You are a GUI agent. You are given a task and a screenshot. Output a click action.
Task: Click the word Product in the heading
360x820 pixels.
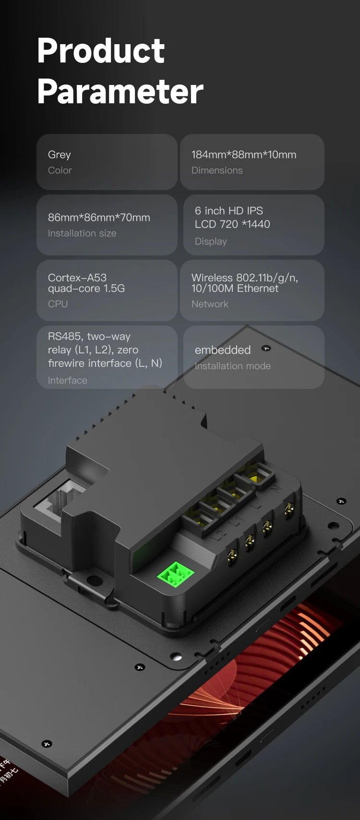pos(101,51)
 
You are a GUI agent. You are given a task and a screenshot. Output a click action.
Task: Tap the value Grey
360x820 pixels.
pos(60,155)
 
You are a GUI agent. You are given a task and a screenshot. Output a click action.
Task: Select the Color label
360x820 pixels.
pos(60,170)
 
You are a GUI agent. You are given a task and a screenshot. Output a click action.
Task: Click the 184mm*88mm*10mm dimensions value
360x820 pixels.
pos(243,155)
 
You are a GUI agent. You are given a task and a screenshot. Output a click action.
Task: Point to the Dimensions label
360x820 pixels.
pos(217,170)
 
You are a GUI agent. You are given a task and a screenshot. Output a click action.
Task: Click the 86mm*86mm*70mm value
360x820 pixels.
pos(99,217)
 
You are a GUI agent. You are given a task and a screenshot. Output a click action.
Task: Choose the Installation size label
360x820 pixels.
pos(82,233)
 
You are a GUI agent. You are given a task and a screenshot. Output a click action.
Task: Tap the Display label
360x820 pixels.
pos(211,241)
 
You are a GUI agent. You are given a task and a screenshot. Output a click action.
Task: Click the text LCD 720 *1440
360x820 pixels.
pos(232,224)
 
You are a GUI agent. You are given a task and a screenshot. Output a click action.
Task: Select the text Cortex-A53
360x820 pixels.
pos(77,277)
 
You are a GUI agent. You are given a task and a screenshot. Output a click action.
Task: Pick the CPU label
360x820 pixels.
pos(58,304)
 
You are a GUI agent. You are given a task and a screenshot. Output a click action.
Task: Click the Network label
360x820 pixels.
pos(210,304)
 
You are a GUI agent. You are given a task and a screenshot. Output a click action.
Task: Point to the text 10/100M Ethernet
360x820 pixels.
pos(235,289)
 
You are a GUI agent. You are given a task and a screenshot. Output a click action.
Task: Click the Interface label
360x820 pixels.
pos(68,380)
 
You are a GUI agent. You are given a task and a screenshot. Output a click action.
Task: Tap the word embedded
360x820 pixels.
pos(223,350)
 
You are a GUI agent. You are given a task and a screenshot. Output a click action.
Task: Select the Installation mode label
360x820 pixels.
pos(233,366)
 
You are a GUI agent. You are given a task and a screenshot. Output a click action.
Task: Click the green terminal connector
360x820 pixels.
pos(176,574)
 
